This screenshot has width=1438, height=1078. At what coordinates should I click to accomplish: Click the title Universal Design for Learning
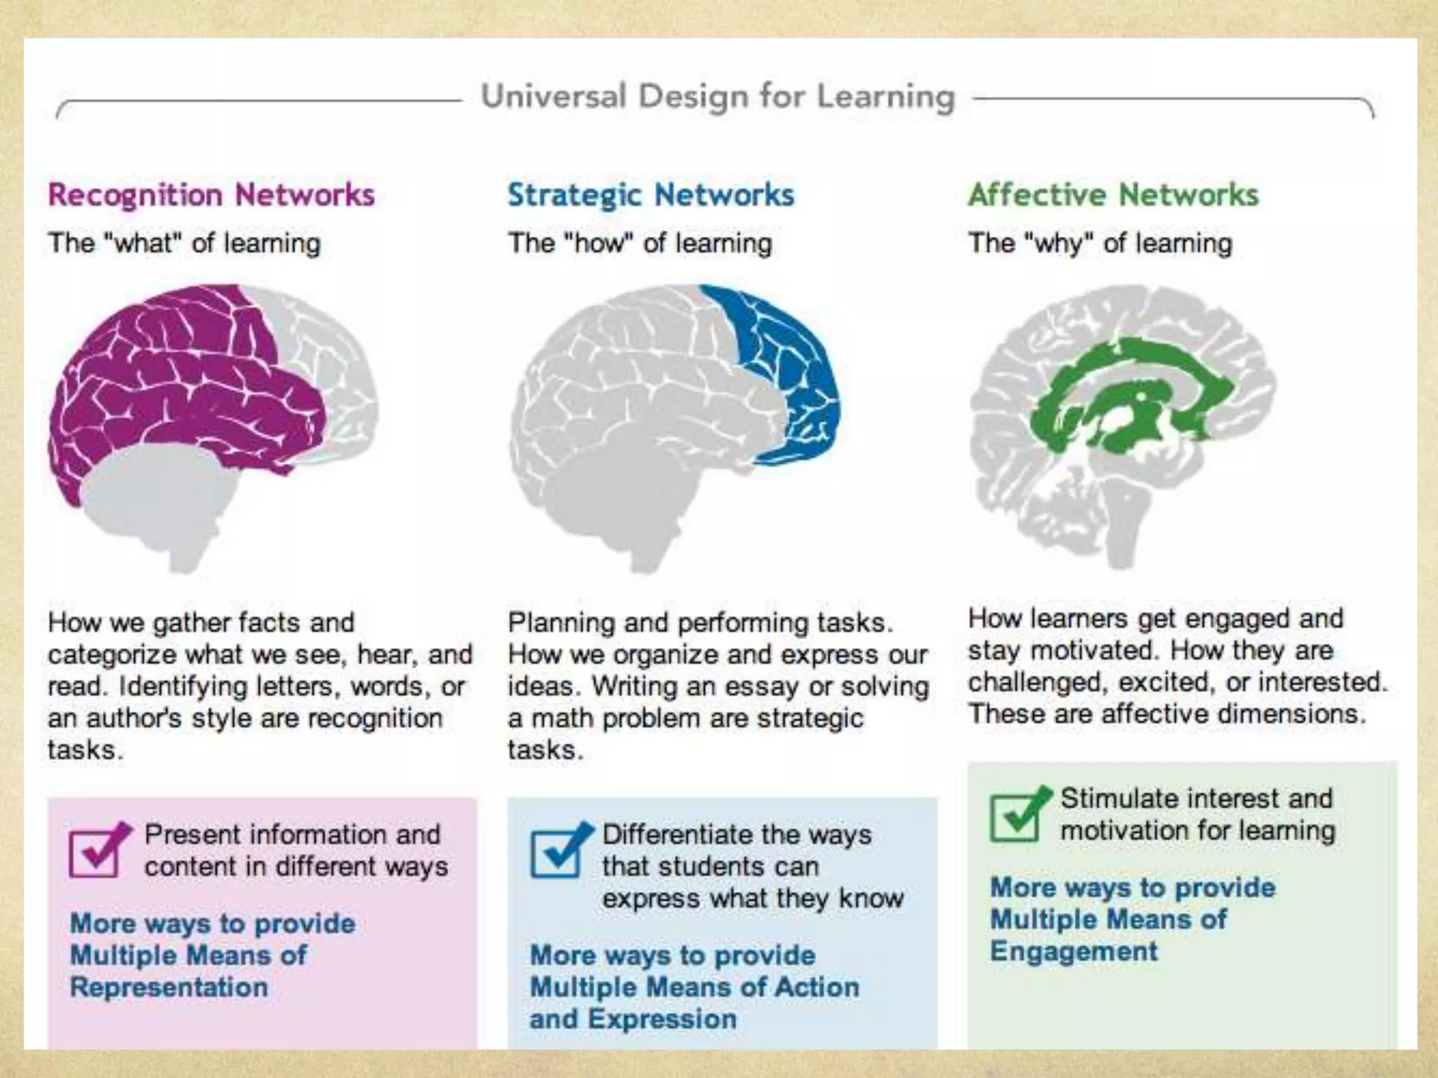pyautogui.click(x=718, y=97)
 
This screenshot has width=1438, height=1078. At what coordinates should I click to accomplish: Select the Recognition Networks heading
pyautogui.click(x=211, y=195)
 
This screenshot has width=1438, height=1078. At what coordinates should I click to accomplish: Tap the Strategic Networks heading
pyautogui.click(x=651, y=195)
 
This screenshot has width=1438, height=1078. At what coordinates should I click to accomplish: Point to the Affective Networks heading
pyautogui.click(x=1114, y=195)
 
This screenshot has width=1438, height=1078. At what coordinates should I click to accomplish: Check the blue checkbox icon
pyautogui.click(x=558, y=851)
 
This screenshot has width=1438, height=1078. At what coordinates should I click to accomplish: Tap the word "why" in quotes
pyautogui.click(x=1059, y=244)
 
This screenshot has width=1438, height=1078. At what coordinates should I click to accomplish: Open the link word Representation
pyautogui.click(x=169, y=987)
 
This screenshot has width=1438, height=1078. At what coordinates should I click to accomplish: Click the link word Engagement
pyautogui.click(x=1074, y=952)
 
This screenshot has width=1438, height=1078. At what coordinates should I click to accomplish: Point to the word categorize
pyautogui.click(x=110, y=655)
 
